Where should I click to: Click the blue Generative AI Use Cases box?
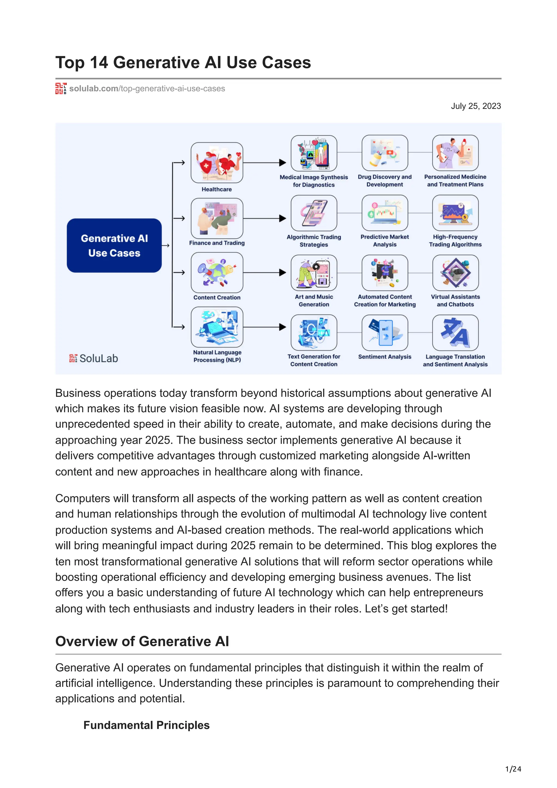pyautogui.click(x=114, y=245)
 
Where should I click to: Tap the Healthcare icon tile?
pyautogui.click(x=216, y=163)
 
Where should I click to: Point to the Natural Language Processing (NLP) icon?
pyautogui.click(x=216, y=327)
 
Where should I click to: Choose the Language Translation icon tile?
pyautogui.click(x=455, y=333)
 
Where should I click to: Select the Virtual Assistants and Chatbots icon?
pyautogui.click(x=455, y=273)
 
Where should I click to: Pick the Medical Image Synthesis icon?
pyautogui.click(x=314, y=153)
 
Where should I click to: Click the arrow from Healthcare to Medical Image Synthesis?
pyautogui.click(x=264, y=163)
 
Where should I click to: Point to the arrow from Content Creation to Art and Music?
pyautogui.click(x=264, y=272)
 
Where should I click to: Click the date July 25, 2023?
pyautogui.click(x=476, y=106)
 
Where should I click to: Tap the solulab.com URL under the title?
pyautogui.click(x=147, y=89)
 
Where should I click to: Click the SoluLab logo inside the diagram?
pyautogui.click(x=93, y=358)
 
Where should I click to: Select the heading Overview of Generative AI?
pyautogui.click(x=142, y=641)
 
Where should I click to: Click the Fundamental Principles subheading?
pyautogui.click(x=146, y=725)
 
